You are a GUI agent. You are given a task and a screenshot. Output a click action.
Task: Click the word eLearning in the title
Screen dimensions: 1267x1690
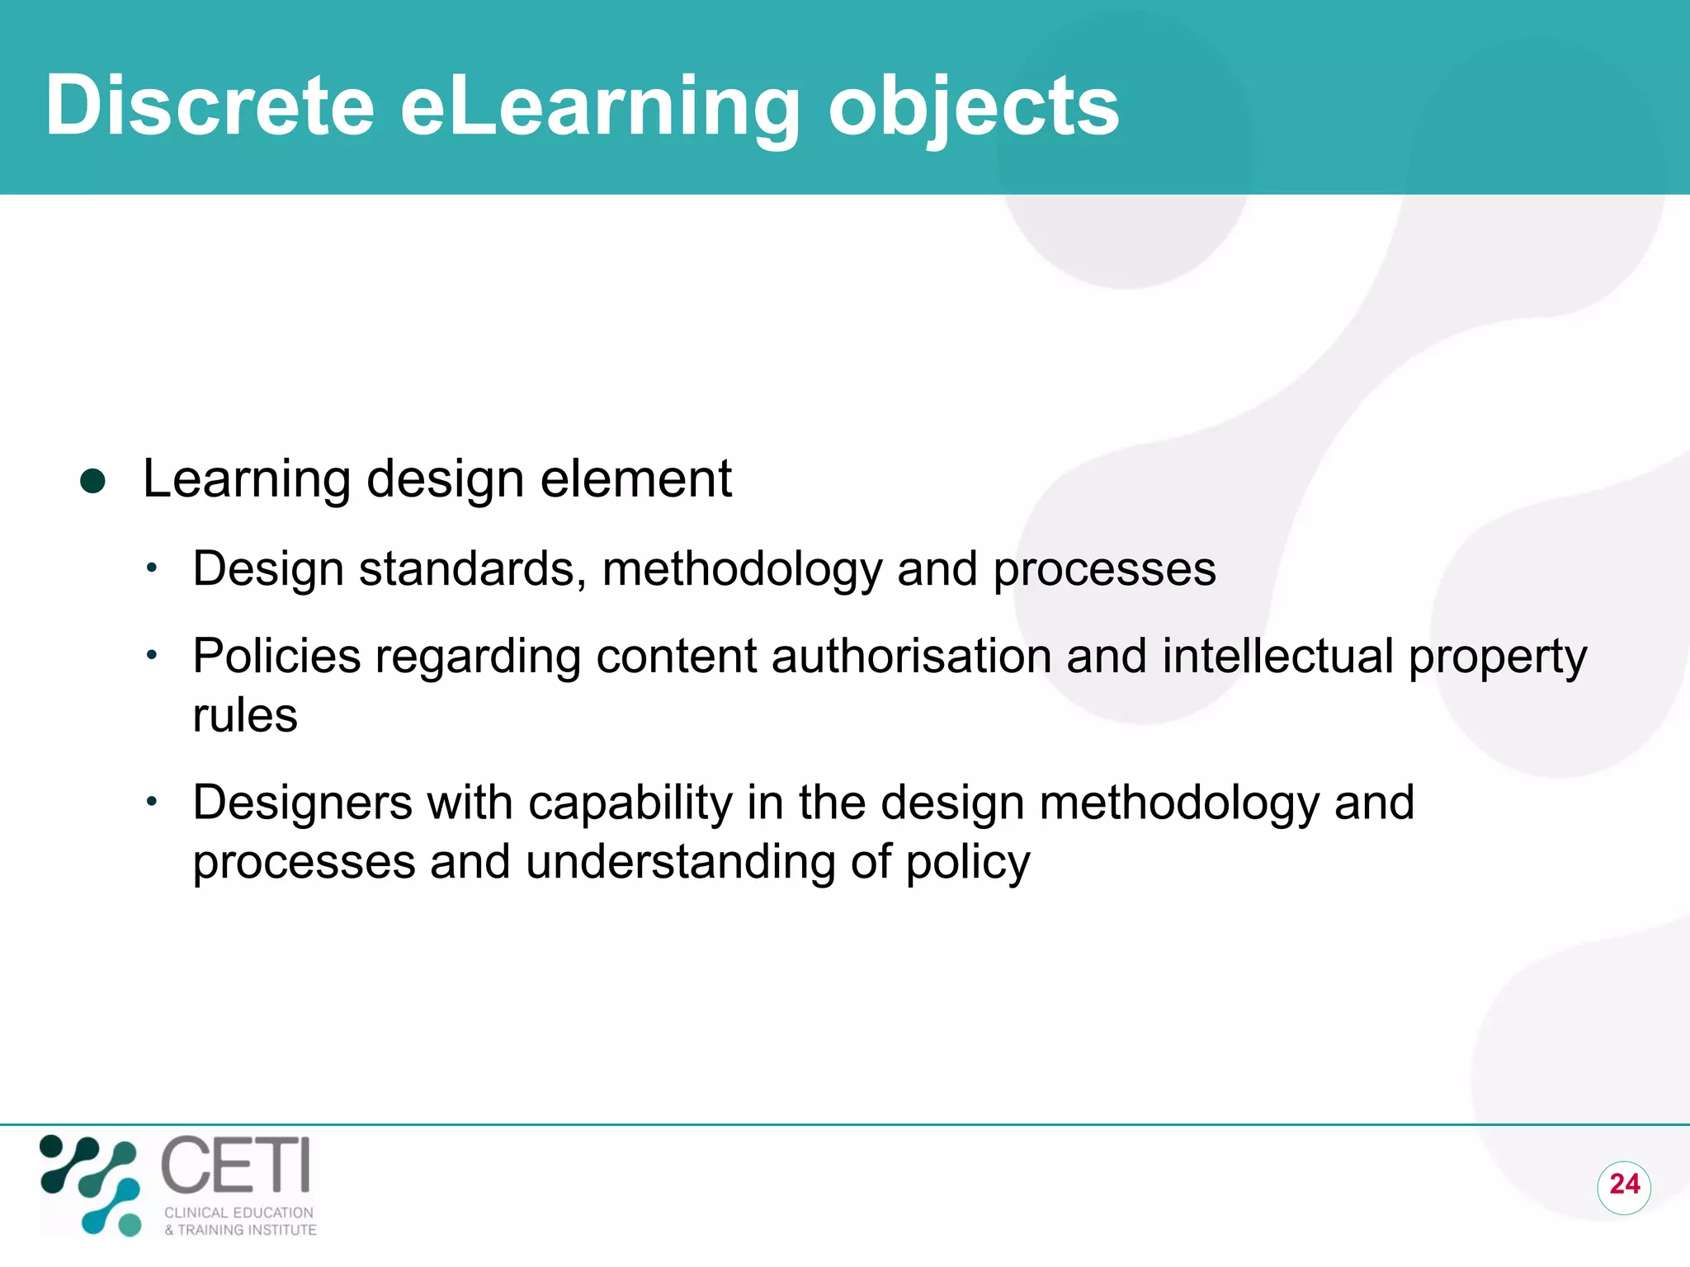coord(600,107)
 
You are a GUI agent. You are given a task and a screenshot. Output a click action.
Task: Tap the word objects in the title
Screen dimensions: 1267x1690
coord(974,107)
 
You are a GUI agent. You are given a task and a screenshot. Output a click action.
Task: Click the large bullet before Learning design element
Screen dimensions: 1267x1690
coord(92,482)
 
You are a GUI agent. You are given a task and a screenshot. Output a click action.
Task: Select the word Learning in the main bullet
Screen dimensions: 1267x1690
coord(247,480)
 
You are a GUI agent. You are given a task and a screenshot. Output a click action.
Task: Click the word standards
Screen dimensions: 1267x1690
coord(473,569)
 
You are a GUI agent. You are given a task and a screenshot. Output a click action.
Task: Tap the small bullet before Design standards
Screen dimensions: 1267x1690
coord(151,568)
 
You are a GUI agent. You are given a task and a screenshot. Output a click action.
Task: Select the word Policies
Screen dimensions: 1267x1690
coord(276,657)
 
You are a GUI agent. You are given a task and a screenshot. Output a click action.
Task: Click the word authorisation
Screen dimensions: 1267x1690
coord(911,657)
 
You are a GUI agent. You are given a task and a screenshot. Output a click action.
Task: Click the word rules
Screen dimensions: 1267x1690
coord(244,715)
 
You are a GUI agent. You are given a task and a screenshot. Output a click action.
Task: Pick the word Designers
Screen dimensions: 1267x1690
coord(302,803)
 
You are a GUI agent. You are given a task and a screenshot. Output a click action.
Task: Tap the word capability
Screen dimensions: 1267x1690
coord(630,803)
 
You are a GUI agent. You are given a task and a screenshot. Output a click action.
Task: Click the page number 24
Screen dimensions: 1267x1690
coord(1624,1185)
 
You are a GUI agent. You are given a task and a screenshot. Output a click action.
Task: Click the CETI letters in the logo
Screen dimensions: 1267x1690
coord(236,1166)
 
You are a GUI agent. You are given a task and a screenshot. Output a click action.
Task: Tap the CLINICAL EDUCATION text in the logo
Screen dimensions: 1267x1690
coord(238,1213)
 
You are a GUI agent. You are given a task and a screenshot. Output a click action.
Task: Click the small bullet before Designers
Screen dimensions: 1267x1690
coord(151,802)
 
